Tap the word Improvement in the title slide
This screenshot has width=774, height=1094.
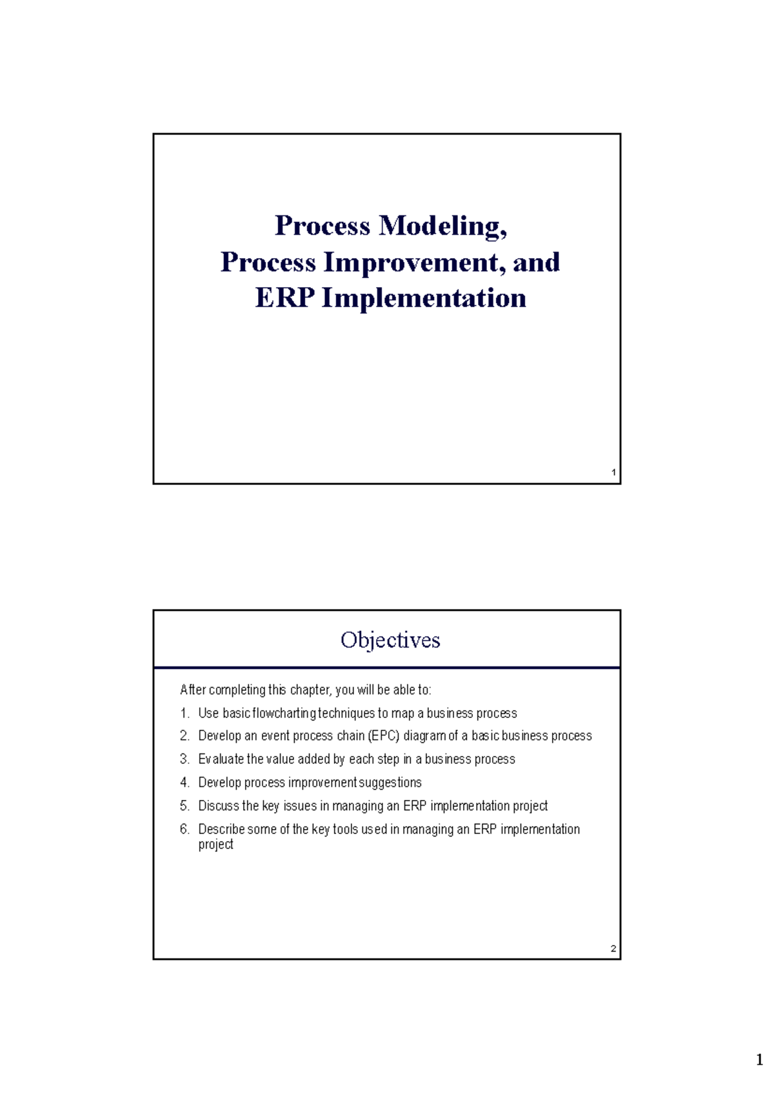(x=414, y=263)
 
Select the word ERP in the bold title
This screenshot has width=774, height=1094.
(x=284, y=298)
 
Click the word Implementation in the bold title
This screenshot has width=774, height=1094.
(x=424, y=298)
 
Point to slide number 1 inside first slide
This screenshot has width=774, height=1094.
(x=613, y=473)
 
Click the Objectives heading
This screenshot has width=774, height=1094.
(x=390, y=640)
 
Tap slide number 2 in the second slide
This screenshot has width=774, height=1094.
(x=613, y=949)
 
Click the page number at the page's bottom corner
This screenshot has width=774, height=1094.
(x=759, y=1060)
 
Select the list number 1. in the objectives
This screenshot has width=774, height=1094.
(x=184, y=713)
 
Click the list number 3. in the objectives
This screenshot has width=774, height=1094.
(x=184, y=759)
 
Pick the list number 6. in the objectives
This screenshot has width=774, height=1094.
(x=184, y=830)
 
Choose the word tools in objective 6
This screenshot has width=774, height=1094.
(x=345, y=830)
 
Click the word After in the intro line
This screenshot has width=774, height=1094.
(x=193, y=690)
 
